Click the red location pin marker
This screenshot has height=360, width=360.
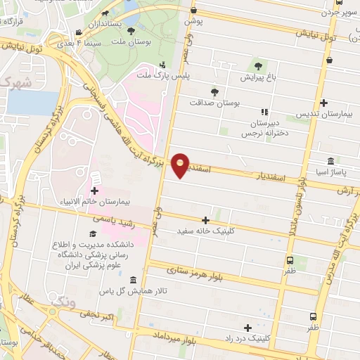coord(181,165)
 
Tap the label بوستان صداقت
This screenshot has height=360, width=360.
coord(214,102)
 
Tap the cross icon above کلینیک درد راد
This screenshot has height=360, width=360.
coord(247,328)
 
